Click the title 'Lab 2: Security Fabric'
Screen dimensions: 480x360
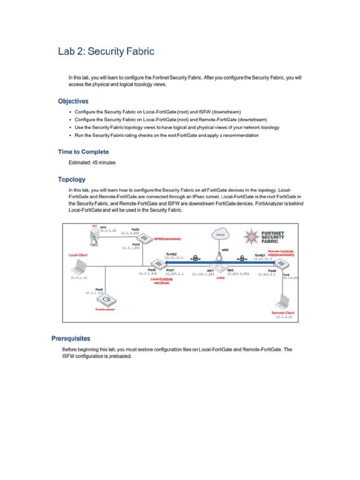[x=106, y=51]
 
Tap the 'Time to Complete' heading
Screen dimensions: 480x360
[x=83, y=152]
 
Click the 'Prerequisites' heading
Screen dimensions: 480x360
[x=70, y=338]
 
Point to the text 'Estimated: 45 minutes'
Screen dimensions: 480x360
[x=92, y=163]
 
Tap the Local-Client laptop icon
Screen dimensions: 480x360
[x=77, y=269]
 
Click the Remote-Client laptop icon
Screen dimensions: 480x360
[x=284, y=302]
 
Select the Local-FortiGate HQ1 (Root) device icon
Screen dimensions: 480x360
[x=157, y=264]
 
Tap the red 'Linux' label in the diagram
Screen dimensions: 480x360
[x=221, y=277]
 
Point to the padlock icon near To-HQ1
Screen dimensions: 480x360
[x=242, y=258]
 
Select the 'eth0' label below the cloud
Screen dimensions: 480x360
[x=225, y=250]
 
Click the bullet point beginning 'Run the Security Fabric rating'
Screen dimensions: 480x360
[x=166, y=135]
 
